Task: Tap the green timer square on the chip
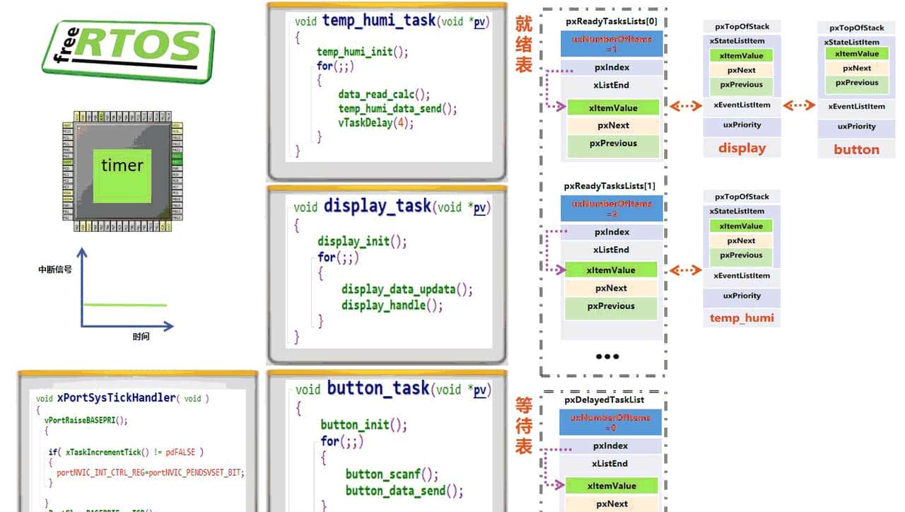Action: pos(122,166)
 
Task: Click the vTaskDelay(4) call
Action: pos(375,122)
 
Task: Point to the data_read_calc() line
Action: pos(384,94)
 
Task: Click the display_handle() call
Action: pos(392,306)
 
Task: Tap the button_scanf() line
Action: pos(392,474)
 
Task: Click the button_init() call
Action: pos(363,424)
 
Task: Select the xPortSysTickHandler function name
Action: pos(117,398)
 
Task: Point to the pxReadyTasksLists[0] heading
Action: pos(612,21)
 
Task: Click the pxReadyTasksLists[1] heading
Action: pos(609,186)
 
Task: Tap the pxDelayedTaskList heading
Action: pos(605,400)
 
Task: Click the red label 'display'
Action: pos(742,149)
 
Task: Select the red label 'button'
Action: pos(856,150)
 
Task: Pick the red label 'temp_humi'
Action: pos(742,318)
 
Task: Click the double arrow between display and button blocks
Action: pos(799,105)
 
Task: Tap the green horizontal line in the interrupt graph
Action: pos(125,305)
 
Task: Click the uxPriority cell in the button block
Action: pos(856,127)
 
